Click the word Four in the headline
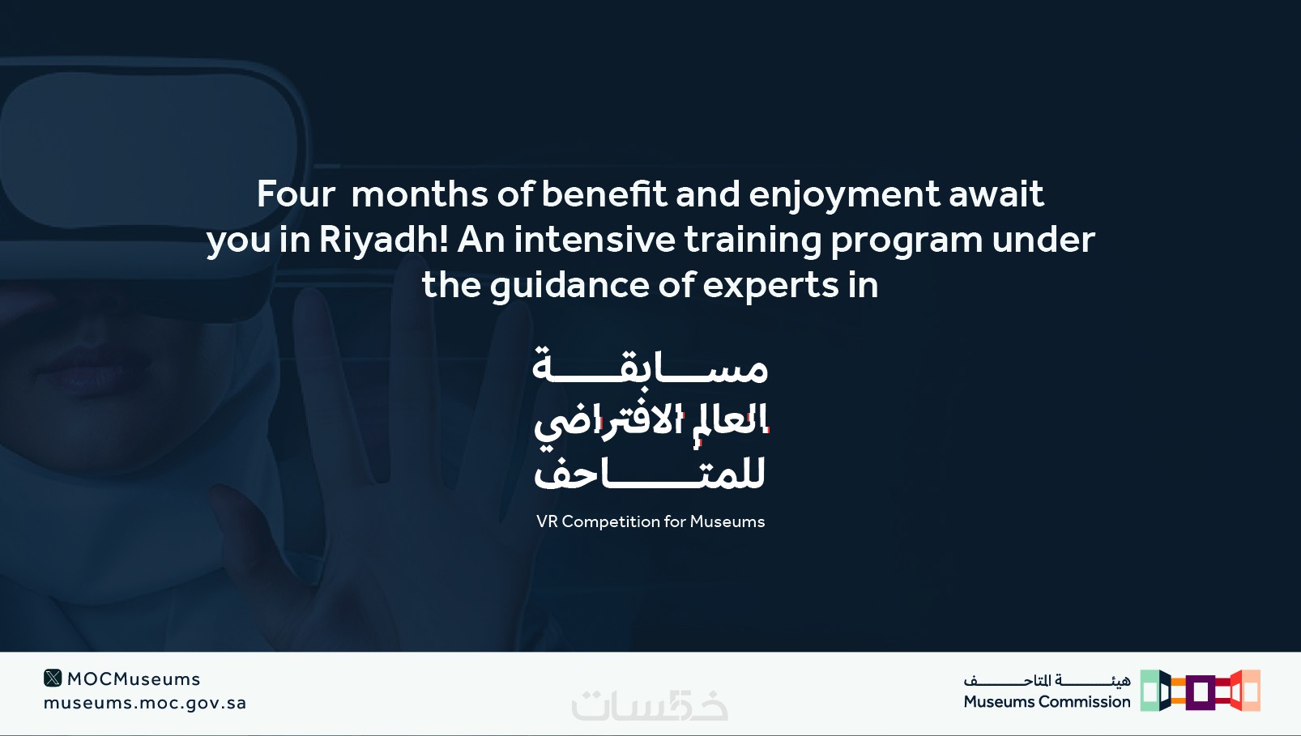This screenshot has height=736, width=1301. (296, 194)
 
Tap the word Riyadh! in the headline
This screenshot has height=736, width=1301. (384, 239)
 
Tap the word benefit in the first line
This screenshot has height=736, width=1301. (604, 194)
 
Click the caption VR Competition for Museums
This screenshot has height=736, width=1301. (650, 521)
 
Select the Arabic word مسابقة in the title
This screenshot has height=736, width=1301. (650, 364)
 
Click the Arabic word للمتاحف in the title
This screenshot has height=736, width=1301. (650, 473)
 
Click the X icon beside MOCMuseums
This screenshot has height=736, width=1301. (53, 678)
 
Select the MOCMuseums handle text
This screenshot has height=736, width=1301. (134, 679)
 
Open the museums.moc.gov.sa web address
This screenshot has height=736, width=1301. (145, 703)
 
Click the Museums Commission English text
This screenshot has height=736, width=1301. (1047, 702)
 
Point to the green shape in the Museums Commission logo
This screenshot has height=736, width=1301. (1149, 690)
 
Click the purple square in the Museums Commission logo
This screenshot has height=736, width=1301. (1201, 692)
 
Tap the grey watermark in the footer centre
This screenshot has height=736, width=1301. (650, 704)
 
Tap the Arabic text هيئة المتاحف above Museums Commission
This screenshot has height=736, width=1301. (1047, 679)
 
